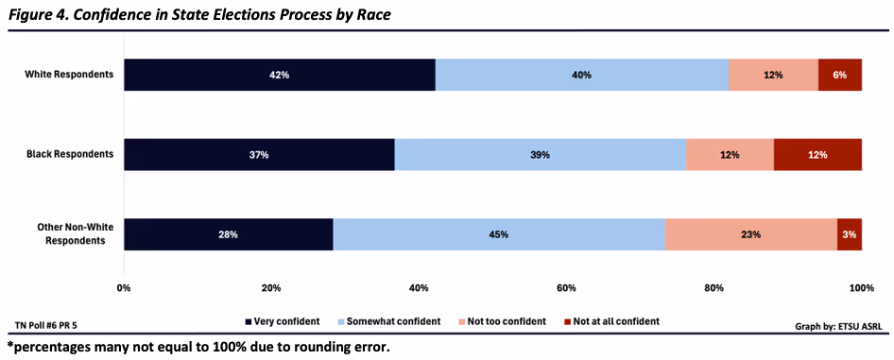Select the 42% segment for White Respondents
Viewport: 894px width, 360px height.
coord(280,74)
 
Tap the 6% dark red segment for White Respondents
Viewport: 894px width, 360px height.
coord(839,74)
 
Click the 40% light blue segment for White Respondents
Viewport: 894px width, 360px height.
coord(582,74)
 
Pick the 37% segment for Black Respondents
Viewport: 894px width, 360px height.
coord(259,154)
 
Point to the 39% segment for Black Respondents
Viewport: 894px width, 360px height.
coord(540,154)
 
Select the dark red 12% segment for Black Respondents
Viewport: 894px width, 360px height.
coord(817,154)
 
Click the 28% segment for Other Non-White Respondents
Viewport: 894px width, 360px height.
coord(228,234)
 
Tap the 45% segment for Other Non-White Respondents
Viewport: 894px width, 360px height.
coord(499,234)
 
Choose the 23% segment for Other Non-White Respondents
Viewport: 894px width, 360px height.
coord(750,234)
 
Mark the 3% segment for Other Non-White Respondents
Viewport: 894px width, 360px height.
coord(850,234)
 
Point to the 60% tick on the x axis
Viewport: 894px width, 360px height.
coord(566,287)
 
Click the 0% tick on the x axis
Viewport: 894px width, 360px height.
coord(124,287)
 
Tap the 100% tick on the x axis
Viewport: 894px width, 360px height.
coord(861,287)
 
